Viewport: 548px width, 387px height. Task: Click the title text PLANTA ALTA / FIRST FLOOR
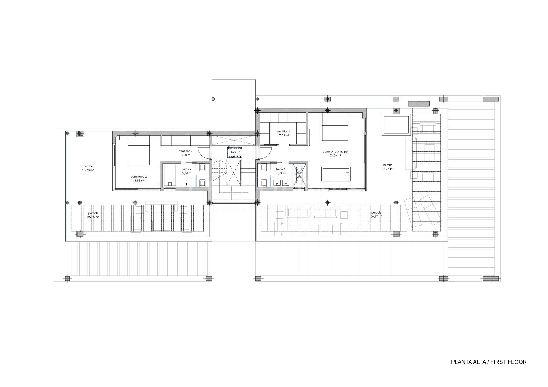pyautogui.click(x=489, y=362)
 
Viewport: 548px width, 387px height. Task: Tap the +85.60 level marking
pyautogui.click(x=235, y=157)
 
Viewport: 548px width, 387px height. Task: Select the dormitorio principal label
pyautogui.click(x=335, y=151)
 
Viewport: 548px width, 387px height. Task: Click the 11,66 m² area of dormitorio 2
pyautogui.click(x=138, y=181)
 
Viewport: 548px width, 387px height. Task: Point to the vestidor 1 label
pyautogui.click(x=283, y=131)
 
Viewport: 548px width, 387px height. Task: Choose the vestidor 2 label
pyautogui.click(x=186, y=151)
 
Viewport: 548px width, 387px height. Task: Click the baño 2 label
pyautogui.click(x=187, y=169)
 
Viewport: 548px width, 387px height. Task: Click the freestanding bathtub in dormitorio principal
pyautogui.click(x=336, y=174)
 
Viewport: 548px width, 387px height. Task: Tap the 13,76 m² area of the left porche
pyautogui.click(x=88, y=170)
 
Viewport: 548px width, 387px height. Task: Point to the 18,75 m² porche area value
pyautogui.click(x=388, y=169)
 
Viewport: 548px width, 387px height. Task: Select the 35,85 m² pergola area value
pyautogui.click(x=93, y=217)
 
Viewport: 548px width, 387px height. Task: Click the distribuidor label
pyautogui.click(x=234, y=147)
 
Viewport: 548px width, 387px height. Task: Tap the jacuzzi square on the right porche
pyautogui.click(x=396, y=125)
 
